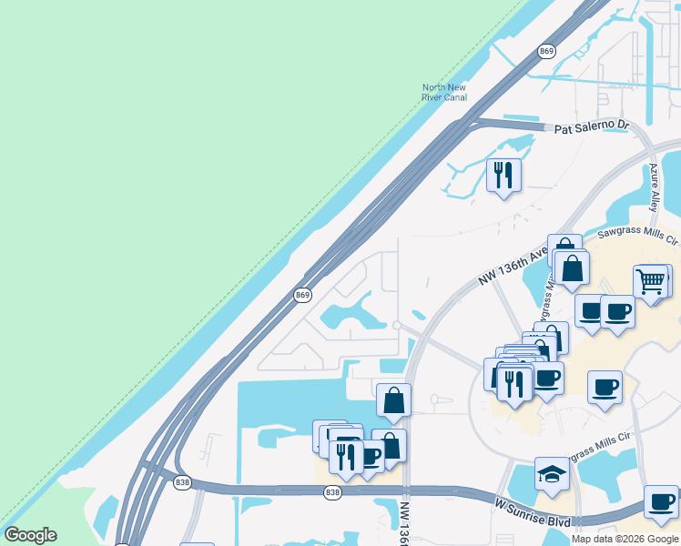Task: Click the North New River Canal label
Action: click(443, 92)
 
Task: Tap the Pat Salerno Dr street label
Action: click(592, 129)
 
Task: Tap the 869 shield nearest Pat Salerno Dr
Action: click(546, 51)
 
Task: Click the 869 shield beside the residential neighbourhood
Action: click(303, 295)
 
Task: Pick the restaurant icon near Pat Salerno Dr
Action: click(503, 174)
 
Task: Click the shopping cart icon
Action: click(651, 282)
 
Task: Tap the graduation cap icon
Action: click(551, 473)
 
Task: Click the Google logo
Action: click(30, 535)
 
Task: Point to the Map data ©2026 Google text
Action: click(625, 539)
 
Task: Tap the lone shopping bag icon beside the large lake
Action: click(393, 399)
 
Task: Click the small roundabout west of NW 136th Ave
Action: click(397, 325)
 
